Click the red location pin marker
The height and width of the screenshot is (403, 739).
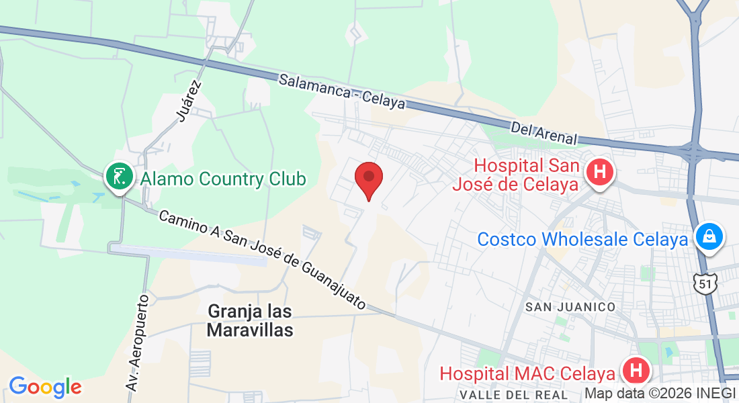pos(368,178)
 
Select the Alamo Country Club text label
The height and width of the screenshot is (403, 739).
pos(222,179)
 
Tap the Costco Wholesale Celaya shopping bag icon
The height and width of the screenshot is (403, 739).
pos(708,236)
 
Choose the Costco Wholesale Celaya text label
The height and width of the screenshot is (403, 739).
pos(582,239)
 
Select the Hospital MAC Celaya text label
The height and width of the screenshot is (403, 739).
pos(527,373)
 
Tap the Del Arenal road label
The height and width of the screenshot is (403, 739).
pos(544,133)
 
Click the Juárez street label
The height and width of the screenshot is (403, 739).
pos(189,101)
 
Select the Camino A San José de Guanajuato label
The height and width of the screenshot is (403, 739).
pos(262,259)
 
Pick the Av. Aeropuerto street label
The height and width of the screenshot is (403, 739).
pos(136,343)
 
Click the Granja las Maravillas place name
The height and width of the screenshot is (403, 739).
pos(250,320)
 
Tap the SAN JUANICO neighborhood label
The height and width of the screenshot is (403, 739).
pos(570,307)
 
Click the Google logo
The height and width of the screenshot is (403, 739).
pos(45,387)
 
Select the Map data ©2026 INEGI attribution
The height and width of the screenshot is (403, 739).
pos(660,393)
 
